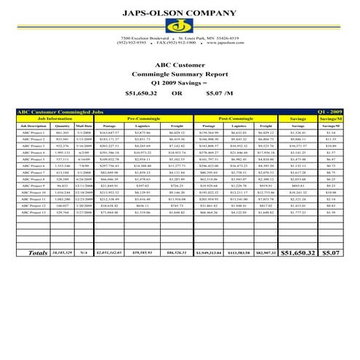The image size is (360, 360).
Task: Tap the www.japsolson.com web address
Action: point(221,43)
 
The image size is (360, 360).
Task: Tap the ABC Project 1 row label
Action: point(34,132)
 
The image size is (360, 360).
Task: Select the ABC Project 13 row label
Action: point(34,213)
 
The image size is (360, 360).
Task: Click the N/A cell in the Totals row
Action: point(87,253)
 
